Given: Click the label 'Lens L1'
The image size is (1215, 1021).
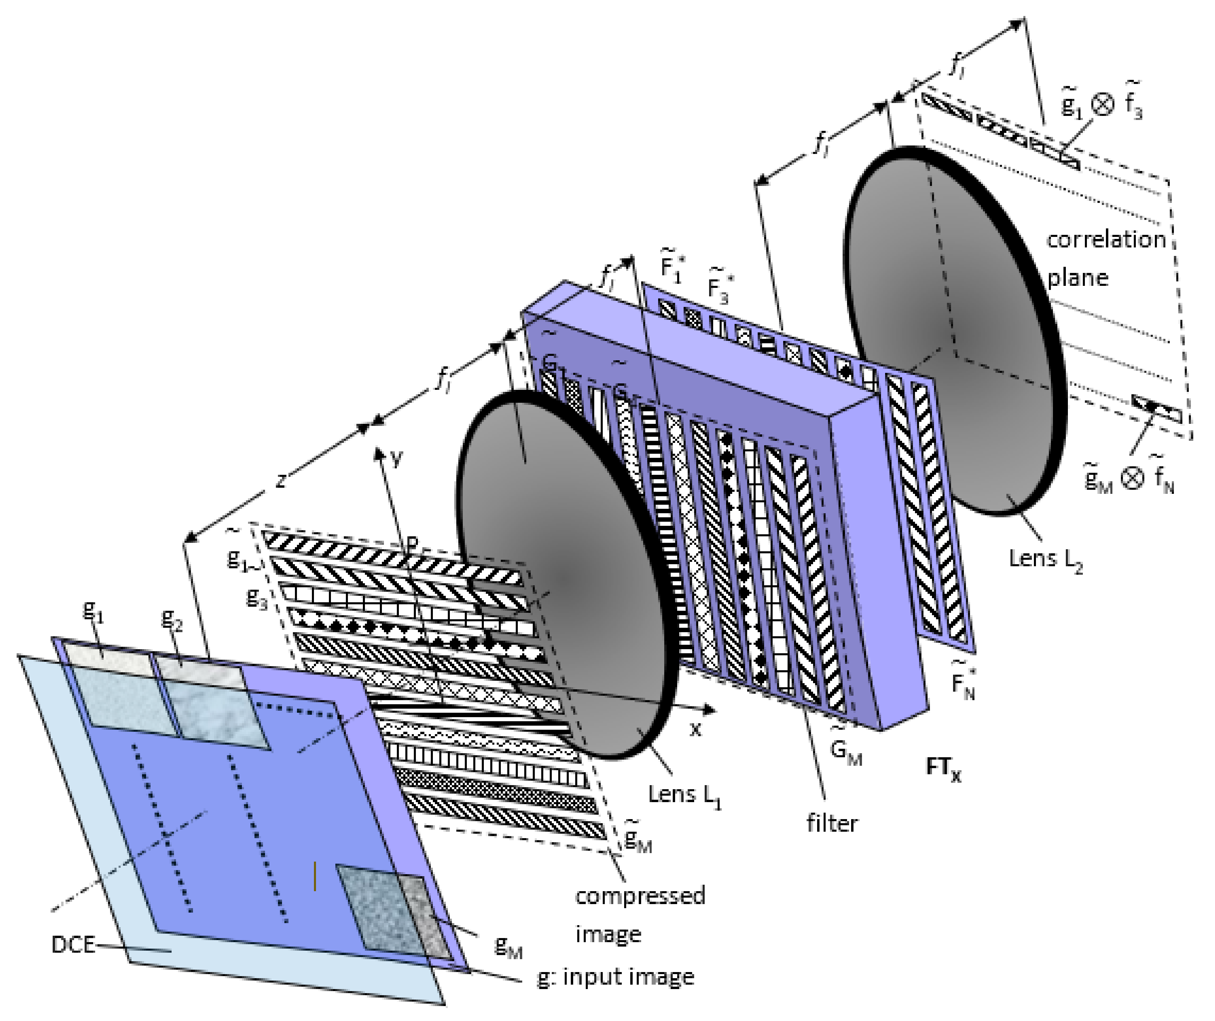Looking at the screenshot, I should click(684, 796).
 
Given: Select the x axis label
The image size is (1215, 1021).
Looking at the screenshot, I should click(695, 730).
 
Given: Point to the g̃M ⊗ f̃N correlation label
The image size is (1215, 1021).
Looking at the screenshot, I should click(1128, 479).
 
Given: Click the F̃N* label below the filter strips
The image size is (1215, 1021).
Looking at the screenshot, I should click(963, 683).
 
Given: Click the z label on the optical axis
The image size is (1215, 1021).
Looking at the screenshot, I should click(281, 480).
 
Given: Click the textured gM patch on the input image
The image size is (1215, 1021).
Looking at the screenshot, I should click(393, 912).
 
